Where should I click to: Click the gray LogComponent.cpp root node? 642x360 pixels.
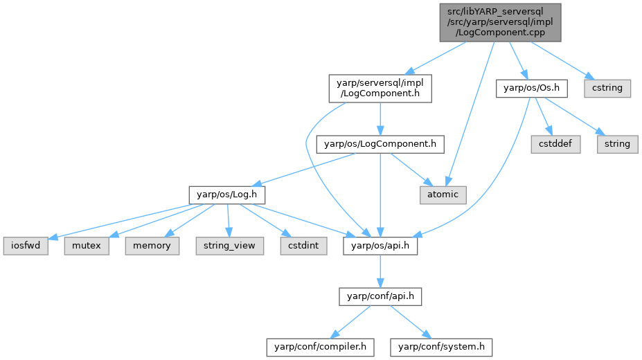pyautogui.click(x=500, y=21)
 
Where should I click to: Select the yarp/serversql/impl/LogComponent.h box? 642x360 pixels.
pyautogui.click(x=380, y=89)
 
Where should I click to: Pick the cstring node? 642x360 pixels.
pyautogui.click(x=607, y=89)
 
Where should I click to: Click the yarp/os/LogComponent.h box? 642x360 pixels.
pyautogui.click(x=380, y=144)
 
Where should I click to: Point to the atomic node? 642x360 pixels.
pyautogui.click(x=443, y=194)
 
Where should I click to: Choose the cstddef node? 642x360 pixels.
pyautogui.click(x=556, y=144)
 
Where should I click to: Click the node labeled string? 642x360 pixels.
pyautogui.click(x=616, y=144)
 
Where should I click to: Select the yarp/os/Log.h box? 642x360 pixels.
pyautogui.click(x=227, y=194)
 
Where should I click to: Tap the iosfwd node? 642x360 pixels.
pyautogui.click(x=26, y=245)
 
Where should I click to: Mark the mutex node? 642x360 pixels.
pyautogui.click(x=87, y=245)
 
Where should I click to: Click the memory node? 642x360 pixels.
pyautogui.click(x=152, y=245)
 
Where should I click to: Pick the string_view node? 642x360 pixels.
pyautogui.click(x=229, y=245)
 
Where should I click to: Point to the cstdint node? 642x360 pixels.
pyautogui.click(x=303, y=245)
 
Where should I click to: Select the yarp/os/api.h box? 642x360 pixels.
pyautogui.click(x=380, y=245)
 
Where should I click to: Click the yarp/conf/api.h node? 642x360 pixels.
pyautogui.click(x=380, y=296)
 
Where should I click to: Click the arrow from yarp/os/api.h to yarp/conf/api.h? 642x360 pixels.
pyautogui.click(x=380, y=271)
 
